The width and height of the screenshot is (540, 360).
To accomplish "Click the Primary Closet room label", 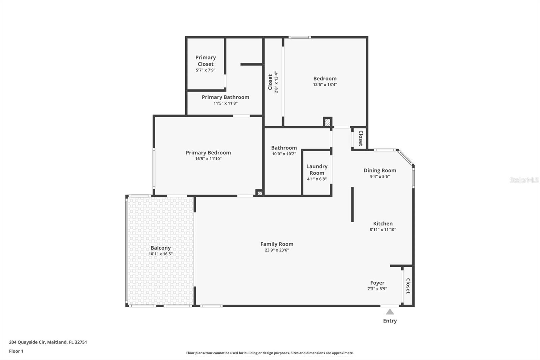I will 206,61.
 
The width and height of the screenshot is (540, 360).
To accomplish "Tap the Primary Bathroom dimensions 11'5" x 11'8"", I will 225,103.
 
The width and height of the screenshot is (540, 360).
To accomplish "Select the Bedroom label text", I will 325,78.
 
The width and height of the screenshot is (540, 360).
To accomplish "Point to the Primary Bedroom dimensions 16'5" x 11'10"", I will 208,159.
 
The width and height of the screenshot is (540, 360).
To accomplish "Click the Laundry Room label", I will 317,170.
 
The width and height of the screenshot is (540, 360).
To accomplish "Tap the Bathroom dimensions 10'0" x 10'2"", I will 284,154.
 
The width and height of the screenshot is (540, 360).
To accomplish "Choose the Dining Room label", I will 380,171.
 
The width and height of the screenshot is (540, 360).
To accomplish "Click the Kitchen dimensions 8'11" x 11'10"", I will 383,230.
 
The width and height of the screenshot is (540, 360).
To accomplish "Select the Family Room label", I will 277,244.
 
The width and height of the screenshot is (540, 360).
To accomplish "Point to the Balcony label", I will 161,248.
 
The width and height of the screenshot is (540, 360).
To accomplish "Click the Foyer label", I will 377,283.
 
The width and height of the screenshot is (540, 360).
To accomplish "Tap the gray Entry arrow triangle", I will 390,312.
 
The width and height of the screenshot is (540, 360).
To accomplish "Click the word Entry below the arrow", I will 390,321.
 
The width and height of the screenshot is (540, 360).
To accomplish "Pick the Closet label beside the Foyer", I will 408,286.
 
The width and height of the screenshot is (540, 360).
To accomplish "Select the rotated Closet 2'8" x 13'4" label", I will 273,82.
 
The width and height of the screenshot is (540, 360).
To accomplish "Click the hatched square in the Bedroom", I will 327,122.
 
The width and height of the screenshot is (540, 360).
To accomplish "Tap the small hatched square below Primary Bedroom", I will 260,193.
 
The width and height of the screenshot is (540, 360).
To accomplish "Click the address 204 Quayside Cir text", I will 48,342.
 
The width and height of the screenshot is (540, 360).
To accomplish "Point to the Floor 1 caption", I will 16,351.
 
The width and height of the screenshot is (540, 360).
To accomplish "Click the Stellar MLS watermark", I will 524,180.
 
